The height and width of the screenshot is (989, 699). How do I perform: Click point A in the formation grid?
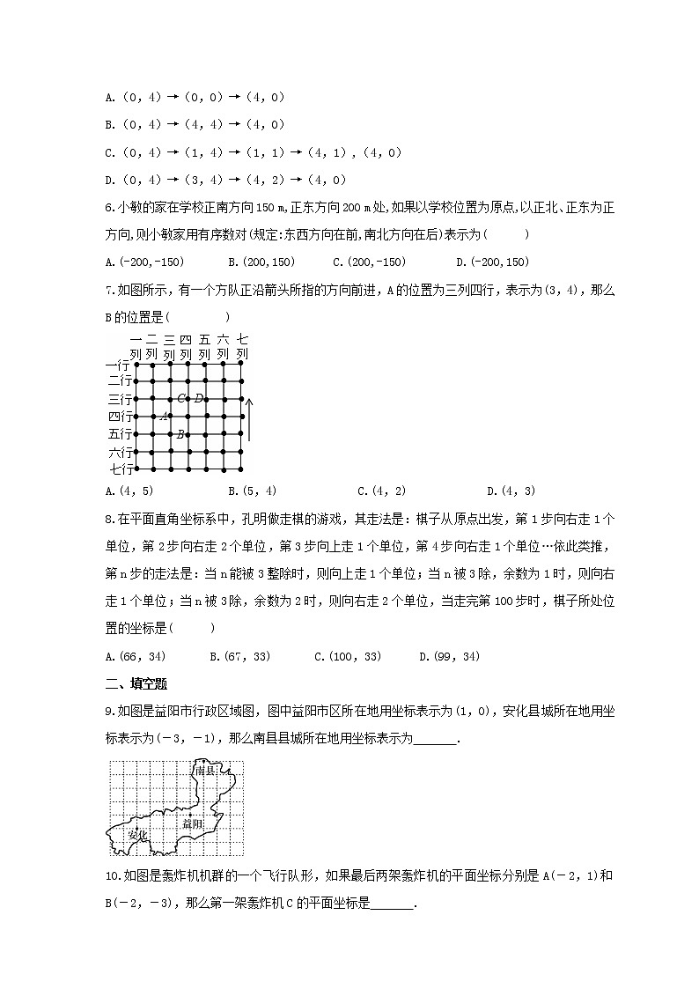[162, 417]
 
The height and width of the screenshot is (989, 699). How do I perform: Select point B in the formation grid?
[180, 433]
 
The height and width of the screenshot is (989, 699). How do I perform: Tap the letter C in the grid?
[180, 398]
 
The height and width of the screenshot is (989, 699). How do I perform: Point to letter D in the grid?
[198, 398]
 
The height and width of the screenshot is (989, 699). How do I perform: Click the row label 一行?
[118, 364]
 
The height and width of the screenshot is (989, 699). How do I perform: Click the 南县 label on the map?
[206, 771]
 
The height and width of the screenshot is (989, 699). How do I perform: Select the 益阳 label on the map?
[193, 824]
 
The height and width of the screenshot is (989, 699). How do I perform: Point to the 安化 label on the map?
[137, 834]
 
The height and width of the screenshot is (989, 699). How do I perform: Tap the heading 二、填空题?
[136, 683]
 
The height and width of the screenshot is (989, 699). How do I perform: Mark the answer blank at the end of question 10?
[394, 904]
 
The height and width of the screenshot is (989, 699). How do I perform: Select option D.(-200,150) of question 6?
[492, 262]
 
